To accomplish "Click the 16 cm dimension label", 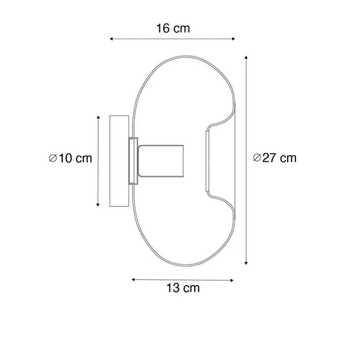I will coord(173,28).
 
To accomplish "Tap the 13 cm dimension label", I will coord(183,288).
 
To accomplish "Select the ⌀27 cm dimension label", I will coord(274,158).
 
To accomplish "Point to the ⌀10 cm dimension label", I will coord(70,158).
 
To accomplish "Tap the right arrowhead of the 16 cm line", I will coord(234,38).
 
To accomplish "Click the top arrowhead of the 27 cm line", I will coord(246,58).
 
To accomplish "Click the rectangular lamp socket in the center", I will coord(160,161).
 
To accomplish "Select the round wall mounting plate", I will coord(117,160).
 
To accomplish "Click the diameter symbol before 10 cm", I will coord(52,158).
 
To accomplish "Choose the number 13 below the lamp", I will coord(173,288).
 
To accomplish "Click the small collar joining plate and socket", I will coord(133,161).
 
